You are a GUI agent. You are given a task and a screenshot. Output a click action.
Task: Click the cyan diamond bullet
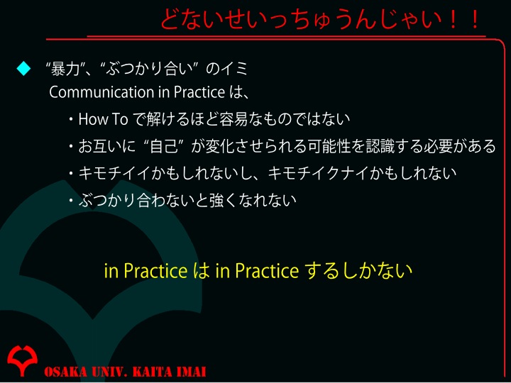pyautogui.click(x=23, y=68)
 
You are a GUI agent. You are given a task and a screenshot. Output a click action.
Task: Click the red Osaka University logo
pyautogui.click(x=22, y=360)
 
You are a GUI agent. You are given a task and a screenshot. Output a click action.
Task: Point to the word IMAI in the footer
pyautogui.click(x=191, y=371)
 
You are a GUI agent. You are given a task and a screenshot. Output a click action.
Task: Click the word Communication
pyautogui.click(x=102, y=92)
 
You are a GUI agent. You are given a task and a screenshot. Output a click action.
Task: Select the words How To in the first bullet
pyautogui.click(x=104, y=119)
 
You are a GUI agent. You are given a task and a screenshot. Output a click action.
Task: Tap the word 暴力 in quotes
pyautogui.click(x=65, y=69)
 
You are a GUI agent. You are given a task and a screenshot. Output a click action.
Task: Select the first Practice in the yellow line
pyautogui.click(x=155, y=271)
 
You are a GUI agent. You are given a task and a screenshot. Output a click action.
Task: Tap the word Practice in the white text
pyautogui.click(x=199, y=92)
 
